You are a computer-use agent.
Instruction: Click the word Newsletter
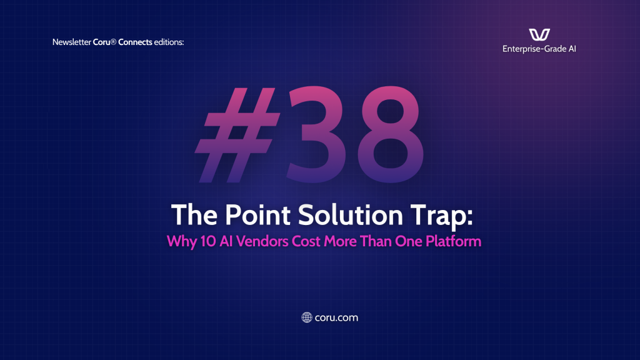tap(71, 42)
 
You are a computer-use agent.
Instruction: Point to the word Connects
tap(135, 42)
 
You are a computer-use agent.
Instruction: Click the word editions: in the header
tap(169, 42)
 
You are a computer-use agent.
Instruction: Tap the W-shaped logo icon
tap(539, 35)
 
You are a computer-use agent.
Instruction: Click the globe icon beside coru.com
tap(306, 317)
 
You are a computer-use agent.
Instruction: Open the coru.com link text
tap(336, 317)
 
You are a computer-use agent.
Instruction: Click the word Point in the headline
tap(257, 215)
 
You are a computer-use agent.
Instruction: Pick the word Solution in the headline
tap(351, 215)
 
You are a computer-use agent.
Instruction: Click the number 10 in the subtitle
tap(207, 241)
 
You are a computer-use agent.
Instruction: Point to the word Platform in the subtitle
tap(454, 241)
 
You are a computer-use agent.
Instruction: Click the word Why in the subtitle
tap(182, 242)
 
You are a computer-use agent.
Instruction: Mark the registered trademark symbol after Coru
tap(114, 41)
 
